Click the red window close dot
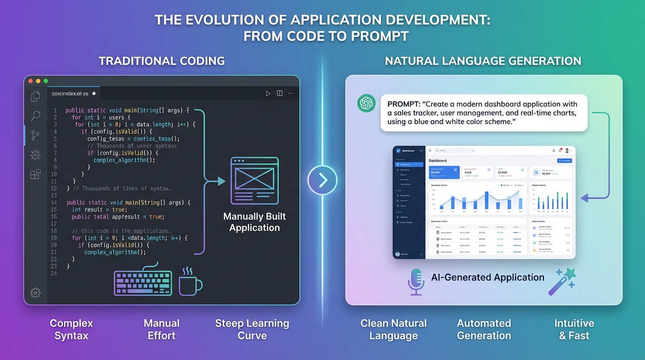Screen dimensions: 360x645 (30, 81)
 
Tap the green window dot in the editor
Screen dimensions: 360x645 (45, 81)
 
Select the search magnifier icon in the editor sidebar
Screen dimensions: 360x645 (36, 116)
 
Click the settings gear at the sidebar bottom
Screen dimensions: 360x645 (35, 292)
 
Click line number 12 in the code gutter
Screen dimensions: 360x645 (54, 188)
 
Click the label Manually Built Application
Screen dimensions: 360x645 (255, 222)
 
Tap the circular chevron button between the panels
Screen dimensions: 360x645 (322, 180)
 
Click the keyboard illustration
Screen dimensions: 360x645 (143, 283)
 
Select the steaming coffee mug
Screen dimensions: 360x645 (190, 282)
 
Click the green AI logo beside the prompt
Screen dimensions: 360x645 (366, 104)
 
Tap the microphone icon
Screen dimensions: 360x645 (416, 282)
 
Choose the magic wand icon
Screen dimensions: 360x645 (562, 282)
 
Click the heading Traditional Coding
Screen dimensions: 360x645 (162, 61)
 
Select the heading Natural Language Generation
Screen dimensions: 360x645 (483, 61)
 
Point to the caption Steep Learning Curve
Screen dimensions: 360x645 (252, 330)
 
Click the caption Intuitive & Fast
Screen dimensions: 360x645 (574, 330)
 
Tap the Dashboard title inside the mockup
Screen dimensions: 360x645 (438, 161)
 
